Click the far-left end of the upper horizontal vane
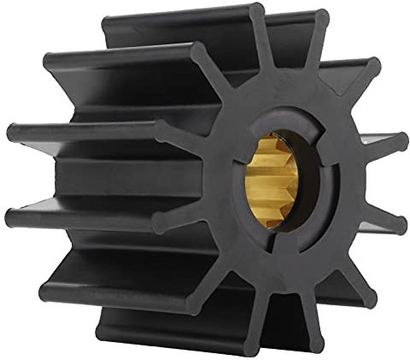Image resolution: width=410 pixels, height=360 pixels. point(12,133)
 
